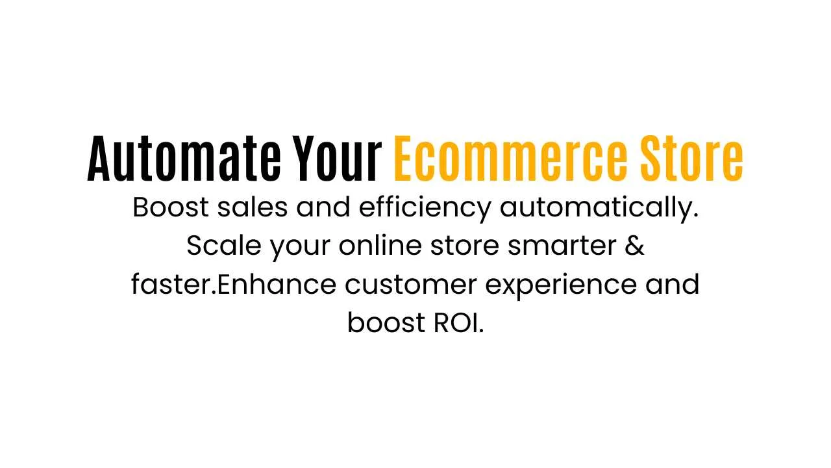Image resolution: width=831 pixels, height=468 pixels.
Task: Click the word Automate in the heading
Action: pyautogui.click(x=184, y=159)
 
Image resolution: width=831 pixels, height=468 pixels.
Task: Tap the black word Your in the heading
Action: pyautogui.click(x=338, y=159)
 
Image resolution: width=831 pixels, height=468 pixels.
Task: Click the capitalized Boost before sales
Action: pyautogui.click(x=171, y=208)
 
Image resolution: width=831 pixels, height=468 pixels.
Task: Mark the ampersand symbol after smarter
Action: pyautogui.click(x=635, y=246)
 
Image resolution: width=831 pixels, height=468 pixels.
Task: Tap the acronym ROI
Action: pyautogui.click(x=458, y=323)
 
